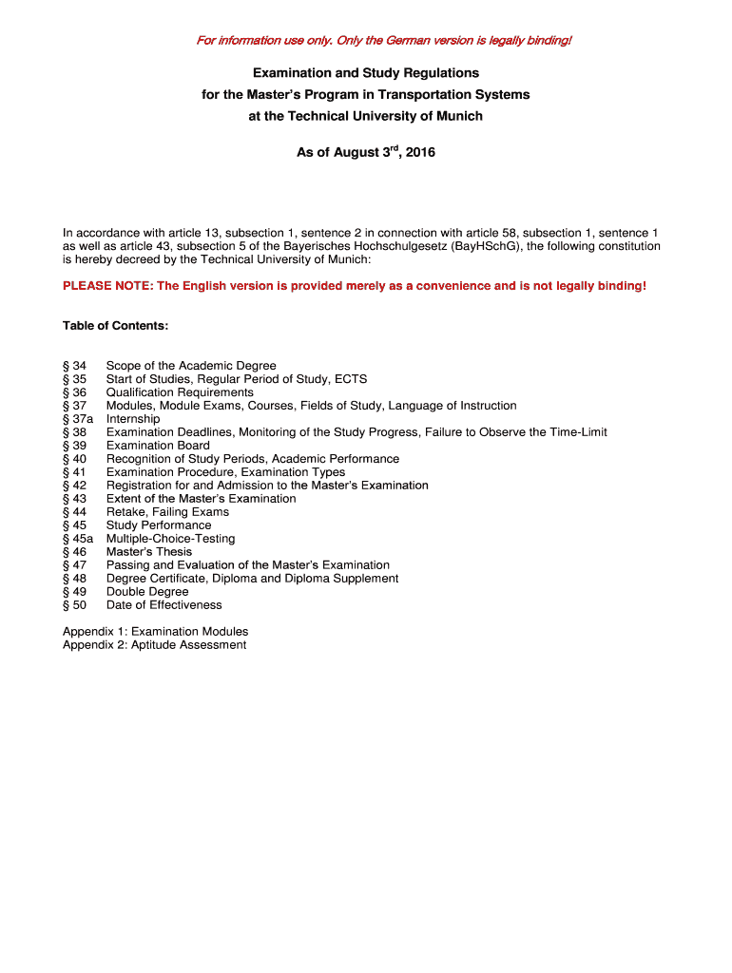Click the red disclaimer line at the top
[x=384, y=40]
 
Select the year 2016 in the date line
[x=419, y=152]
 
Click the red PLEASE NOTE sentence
[x=355, y=285]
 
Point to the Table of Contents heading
[x=115, y=326]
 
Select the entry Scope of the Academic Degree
[x=191, y=366]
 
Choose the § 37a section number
[x=78, y=419]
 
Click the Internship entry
[x=133, y=419]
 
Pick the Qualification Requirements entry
[x=180, y=392]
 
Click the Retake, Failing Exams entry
[x=167, y=512]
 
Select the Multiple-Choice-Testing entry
[x=170, y=539]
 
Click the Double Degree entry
[x=147, y=592]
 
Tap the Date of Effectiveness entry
[x=164, y=605]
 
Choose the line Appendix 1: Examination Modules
[x=155, y=632]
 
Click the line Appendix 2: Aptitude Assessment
[x=154, y=645]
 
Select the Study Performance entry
[x=159, y=525]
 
